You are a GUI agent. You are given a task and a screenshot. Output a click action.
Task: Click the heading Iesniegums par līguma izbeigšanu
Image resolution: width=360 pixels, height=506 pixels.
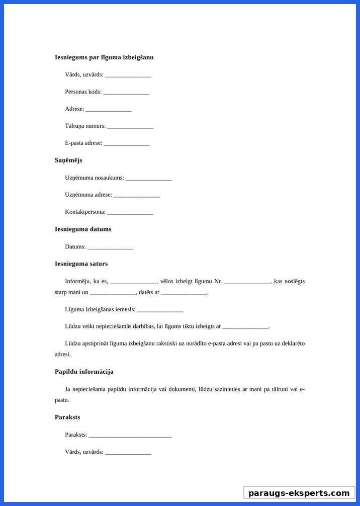tap(104, 57)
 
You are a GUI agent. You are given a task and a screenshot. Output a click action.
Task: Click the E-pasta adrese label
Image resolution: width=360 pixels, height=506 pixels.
tap(83, 143)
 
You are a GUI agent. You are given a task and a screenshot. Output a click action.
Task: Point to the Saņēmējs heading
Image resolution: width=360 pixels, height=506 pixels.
tap(68, 160)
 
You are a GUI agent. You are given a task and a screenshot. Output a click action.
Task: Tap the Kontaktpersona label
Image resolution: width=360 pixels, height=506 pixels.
tap(85, 212)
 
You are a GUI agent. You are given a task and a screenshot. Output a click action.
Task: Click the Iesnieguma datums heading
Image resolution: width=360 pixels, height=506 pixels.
tap(83, 229)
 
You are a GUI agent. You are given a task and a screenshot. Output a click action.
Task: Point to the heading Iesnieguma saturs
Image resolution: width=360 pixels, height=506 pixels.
tap(81, 264)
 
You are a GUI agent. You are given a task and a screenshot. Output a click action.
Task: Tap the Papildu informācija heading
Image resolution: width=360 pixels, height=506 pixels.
tap(84, 372)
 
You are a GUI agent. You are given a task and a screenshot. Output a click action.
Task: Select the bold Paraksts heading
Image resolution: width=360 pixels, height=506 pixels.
tap(67, 417)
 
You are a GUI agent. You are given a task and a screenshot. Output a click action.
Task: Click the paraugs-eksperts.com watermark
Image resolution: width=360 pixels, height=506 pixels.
tap(299, 493)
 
